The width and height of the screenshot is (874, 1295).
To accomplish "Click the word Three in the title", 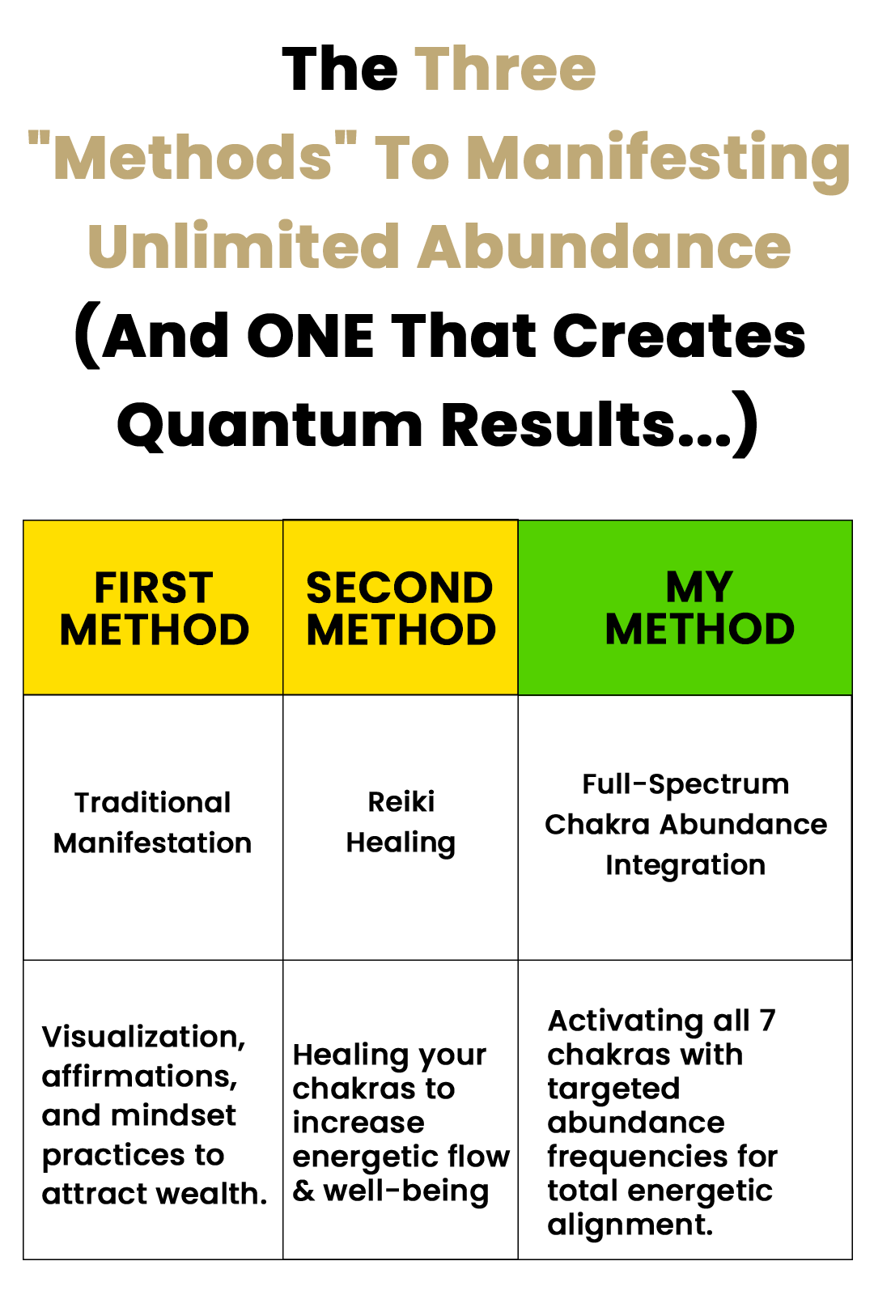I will click(x=506, y=70).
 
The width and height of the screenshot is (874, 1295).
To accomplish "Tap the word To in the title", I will click(x=412, y=158).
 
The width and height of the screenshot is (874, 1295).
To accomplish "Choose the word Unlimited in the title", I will click(x=244, y=247).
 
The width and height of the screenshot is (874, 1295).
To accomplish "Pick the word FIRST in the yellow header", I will click(x=154, y=588).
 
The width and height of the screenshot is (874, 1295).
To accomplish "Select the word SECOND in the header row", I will click(x=400, y=588).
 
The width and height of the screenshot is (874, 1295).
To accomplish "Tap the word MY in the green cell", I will click(x=699, y=587).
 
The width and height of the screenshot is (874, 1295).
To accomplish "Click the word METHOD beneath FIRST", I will click(x=154, y=631).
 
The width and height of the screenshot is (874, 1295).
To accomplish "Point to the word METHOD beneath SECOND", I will click(x=401, y=631).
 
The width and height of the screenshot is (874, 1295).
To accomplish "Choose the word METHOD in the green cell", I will click(x=700, y=630).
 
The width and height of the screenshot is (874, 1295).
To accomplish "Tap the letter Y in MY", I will click(x=718, y=587).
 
